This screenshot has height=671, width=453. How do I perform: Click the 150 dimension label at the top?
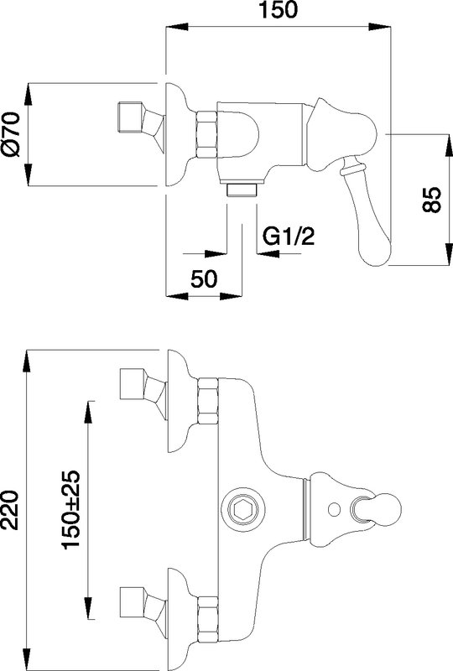coord(278,9)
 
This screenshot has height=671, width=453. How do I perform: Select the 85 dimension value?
coord(431,200)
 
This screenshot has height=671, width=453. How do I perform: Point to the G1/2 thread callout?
coord(288,237)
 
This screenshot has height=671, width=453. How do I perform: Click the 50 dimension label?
coord(204,279)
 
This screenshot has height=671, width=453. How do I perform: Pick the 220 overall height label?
coord(9,510)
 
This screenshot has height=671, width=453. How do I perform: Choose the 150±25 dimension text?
coord(71,510)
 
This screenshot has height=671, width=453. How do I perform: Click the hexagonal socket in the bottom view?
coord(242,509)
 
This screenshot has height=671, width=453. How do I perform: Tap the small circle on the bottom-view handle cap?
coord(334,509)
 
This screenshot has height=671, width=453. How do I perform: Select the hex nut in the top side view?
coord(206,134)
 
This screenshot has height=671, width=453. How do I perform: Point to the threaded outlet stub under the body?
coord(242,190)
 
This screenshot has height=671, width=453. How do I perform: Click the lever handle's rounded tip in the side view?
coord(375,252)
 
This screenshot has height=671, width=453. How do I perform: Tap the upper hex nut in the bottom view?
coord(208,401)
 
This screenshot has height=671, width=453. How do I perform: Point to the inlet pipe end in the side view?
coord(130,117)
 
